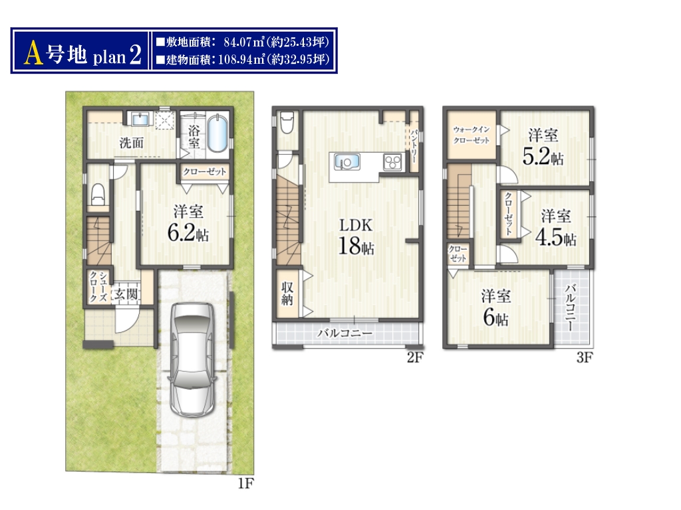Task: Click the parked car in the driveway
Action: (192, 359)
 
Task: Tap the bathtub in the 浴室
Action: (217, 133)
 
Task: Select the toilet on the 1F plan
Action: (98, 194)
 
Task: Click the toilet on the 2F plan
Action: (287, 123)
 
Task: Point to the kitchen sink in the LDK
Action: (346, 162)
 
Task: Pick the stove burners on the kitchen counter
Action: (392, 162)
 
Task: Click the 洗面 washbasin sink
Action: (140, 118)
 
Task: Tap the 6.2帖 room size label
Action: (188, 233)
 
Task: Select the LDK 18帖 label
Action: (356, 236)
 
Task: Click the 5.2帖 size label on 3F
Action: (543, 157)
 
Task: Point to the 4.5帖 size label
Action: (555, 238)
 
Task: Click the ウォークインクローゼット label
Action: (472, 135)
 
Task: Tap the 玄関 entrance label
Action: (126, 294)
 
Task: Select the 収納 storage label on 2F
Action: (287, 294)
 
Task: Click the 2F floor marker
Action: (415, 357)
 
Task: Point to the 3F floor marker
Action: (585, 357)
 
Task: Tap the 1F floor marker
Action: (246, 483)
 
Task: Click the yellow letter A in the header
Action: (34, 53)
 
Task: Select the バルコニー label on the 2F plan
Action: (345, 333)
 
